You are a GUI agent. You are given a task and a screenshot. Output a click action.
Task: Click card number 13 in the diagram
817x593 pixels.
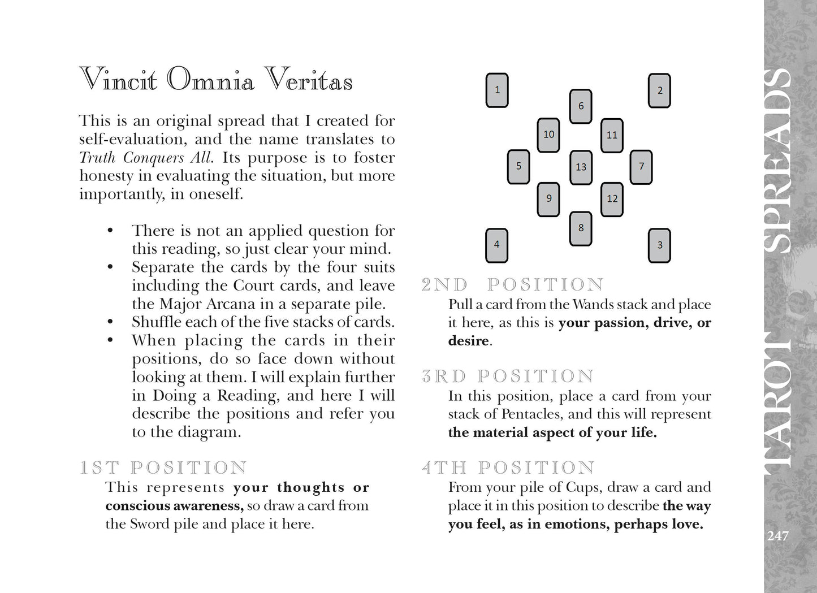tap(581, 167)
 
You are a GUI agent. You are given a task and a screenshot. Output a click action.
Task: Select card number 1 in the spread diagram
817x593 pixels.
tap(497, 90)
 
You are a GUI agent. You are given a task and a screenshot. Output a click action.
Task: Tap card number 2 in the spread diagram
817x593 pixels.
tap(659, 90)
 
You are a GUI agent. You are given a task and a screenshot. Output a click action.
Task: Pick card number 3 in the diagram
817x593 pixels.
tap(659, 245)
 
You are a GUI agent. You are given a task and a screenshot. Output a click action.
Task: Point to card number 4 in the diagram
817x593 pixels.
tap(497, 245)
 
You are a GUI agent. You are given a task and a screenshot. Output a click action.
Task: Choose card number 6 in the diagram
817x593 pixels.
tap(581, 106)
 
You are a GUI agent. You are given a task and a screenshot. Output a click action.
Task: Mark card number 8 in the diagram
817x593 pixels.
tap(581, 228)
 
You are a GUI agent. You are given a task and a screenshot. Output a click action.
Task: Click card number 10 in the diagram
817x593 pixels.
tap(548, 135)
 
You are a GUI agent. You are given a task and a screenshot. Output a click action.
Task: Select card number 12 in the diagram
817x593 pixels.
tap(612, 199)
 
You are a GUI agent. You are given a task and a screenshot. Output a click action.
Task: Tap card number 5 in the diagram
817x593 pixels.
tap(518, 166)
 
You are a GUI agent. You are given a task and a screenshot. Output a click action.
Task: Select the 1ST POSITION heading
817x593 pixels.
tap(163, 468)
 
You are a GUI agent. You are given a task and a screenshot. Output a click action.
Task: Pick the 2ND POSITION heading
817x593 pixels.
tap(513, 284)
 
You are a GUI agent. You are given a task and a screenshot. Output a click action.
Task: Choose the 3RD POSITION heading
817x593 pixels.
tap(508, 376)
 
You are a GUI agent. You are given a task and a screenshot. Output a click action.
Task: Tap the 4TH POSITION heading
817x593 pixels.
tap(508, 468)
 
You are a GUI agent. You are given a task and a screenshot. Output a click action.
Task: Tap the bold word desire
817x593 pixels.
tap(468, 341)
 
